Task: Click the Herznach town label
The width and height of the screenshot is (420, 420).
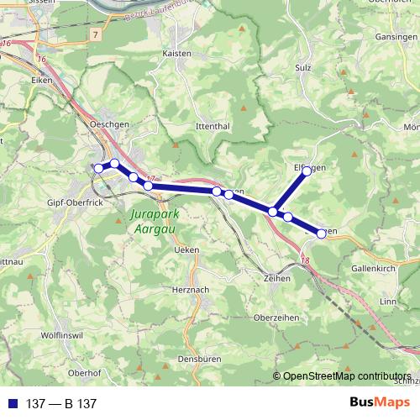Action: point(187,288)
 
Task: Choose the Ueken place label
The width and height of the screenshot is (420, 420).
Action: point(186,250)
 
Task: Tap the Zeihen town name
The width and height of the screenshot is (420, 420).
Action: point(276,278)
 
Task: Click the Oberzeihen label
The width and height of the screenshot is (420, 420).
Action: point(275,318)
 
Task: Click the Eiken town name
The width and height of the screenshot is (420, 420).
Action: point(41,81)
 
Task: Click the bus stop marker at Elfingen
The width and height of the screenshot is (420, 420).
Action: point(307,171)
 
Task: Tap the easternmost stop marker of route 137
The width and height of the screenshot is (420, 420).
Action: point(321,233)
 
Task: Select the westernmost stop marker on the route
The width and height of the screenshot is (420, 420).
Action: point(98,169)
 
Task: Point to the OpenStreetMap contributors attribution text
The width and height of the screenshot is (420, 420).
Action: point(347,376)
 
